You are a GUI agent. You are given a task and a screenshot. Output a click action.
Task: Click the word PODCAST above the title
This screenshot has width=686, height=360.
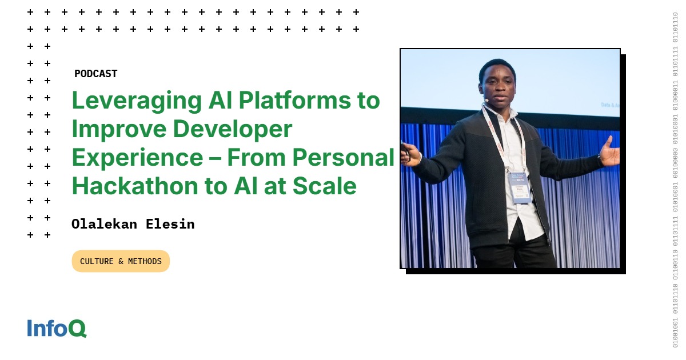95,74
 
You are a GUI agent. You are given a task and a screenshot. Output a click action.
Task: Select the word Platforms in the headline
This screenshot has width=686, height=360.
288,101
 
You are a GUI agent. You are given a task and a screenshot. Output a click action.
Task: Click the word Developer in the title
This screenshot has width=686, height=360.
233,130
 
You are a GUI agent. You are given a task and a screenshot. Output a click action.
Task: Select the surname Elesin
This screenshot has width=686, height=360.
171,224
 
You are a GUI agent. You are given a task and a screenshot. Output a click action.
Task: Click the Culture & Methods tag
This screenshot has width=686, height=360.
121,261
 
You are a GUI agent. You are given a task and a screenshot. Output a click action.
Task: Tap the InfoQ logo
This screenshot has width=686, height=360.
57,328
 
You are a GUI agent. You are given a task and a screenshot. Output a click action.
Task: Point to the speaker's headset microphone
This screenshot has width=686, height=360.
486,101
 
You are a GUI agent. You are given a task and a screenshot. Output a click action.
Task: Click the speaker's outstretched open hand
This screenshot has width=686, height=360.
609,151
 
